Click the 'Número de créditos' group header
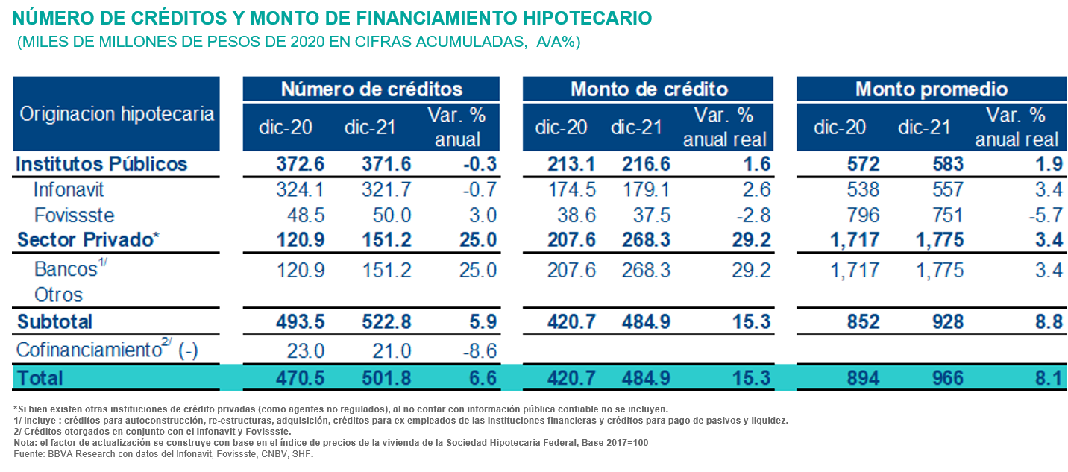coord(371,89)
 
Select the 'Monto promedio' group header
coord(932,89)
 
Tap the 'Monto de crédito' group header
coord(649,89)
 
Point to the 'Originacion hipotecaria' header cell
coord(116,114)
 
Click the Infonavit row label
coord(68,190)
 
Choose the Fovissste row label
coord(75,215)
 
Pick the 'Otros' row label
coord(58,295)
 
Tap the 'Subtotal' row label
coord(54,321)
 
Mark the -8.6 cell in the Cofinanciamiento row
coord(478,350)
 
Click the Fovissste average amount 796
coord(862,215)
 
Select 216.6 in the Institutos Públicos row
coord(646,164)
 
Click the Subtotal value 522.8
coord(388,321)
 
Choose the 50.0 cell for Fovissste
coord(392,215)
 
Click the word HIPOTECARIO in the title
coord(581,17)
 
